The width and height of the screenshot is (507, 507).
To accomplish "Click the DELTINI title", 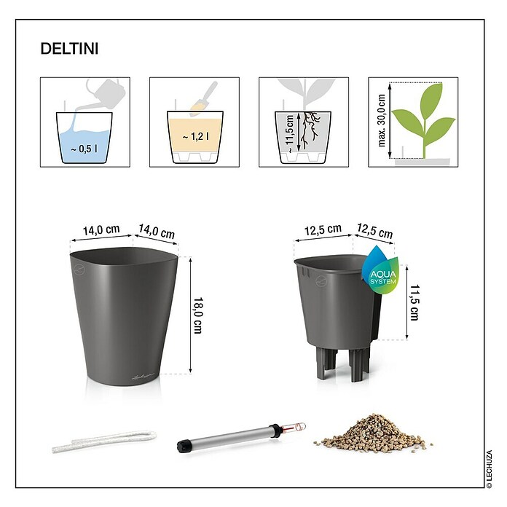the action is [69, 49].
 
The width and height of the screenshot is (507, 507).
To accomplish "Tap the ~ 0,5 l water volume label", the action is [84, 149].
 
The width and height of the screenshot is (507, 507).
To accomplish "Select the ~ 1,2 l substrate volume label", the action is [196, 137].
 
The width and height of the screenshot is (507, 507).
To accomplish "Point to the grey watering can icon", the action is [106, 94].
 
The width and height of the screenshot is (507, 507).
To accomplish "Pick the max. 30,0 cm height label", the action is [382, 121].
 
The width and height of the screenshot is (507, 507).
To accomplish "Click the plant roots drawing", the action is [310, 130].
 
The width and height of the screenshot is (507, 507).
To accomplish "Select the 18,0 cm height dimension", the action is [197, 315].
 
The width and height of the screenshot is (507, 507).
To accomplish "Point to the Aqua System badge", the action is [380, 270].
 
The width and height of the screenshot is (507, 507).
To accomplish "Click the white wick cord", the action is [104, 441].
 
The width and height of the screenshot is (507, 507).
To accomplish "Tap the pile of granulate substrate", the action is [373, 433].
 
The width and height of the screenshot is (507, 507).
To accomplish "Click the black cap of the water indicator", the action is [184, 447].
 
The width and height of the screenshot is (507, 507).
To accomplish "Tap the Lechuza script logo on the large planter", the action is [143, 376].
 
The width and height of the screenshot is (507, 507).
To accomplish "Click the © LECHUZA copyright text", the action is [489, 469].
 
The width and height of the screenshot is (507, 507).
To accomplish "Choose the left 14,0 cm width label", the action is [101, 230].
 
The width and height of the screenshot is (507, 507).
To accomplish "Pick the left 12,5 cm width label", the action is [323, 229].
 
